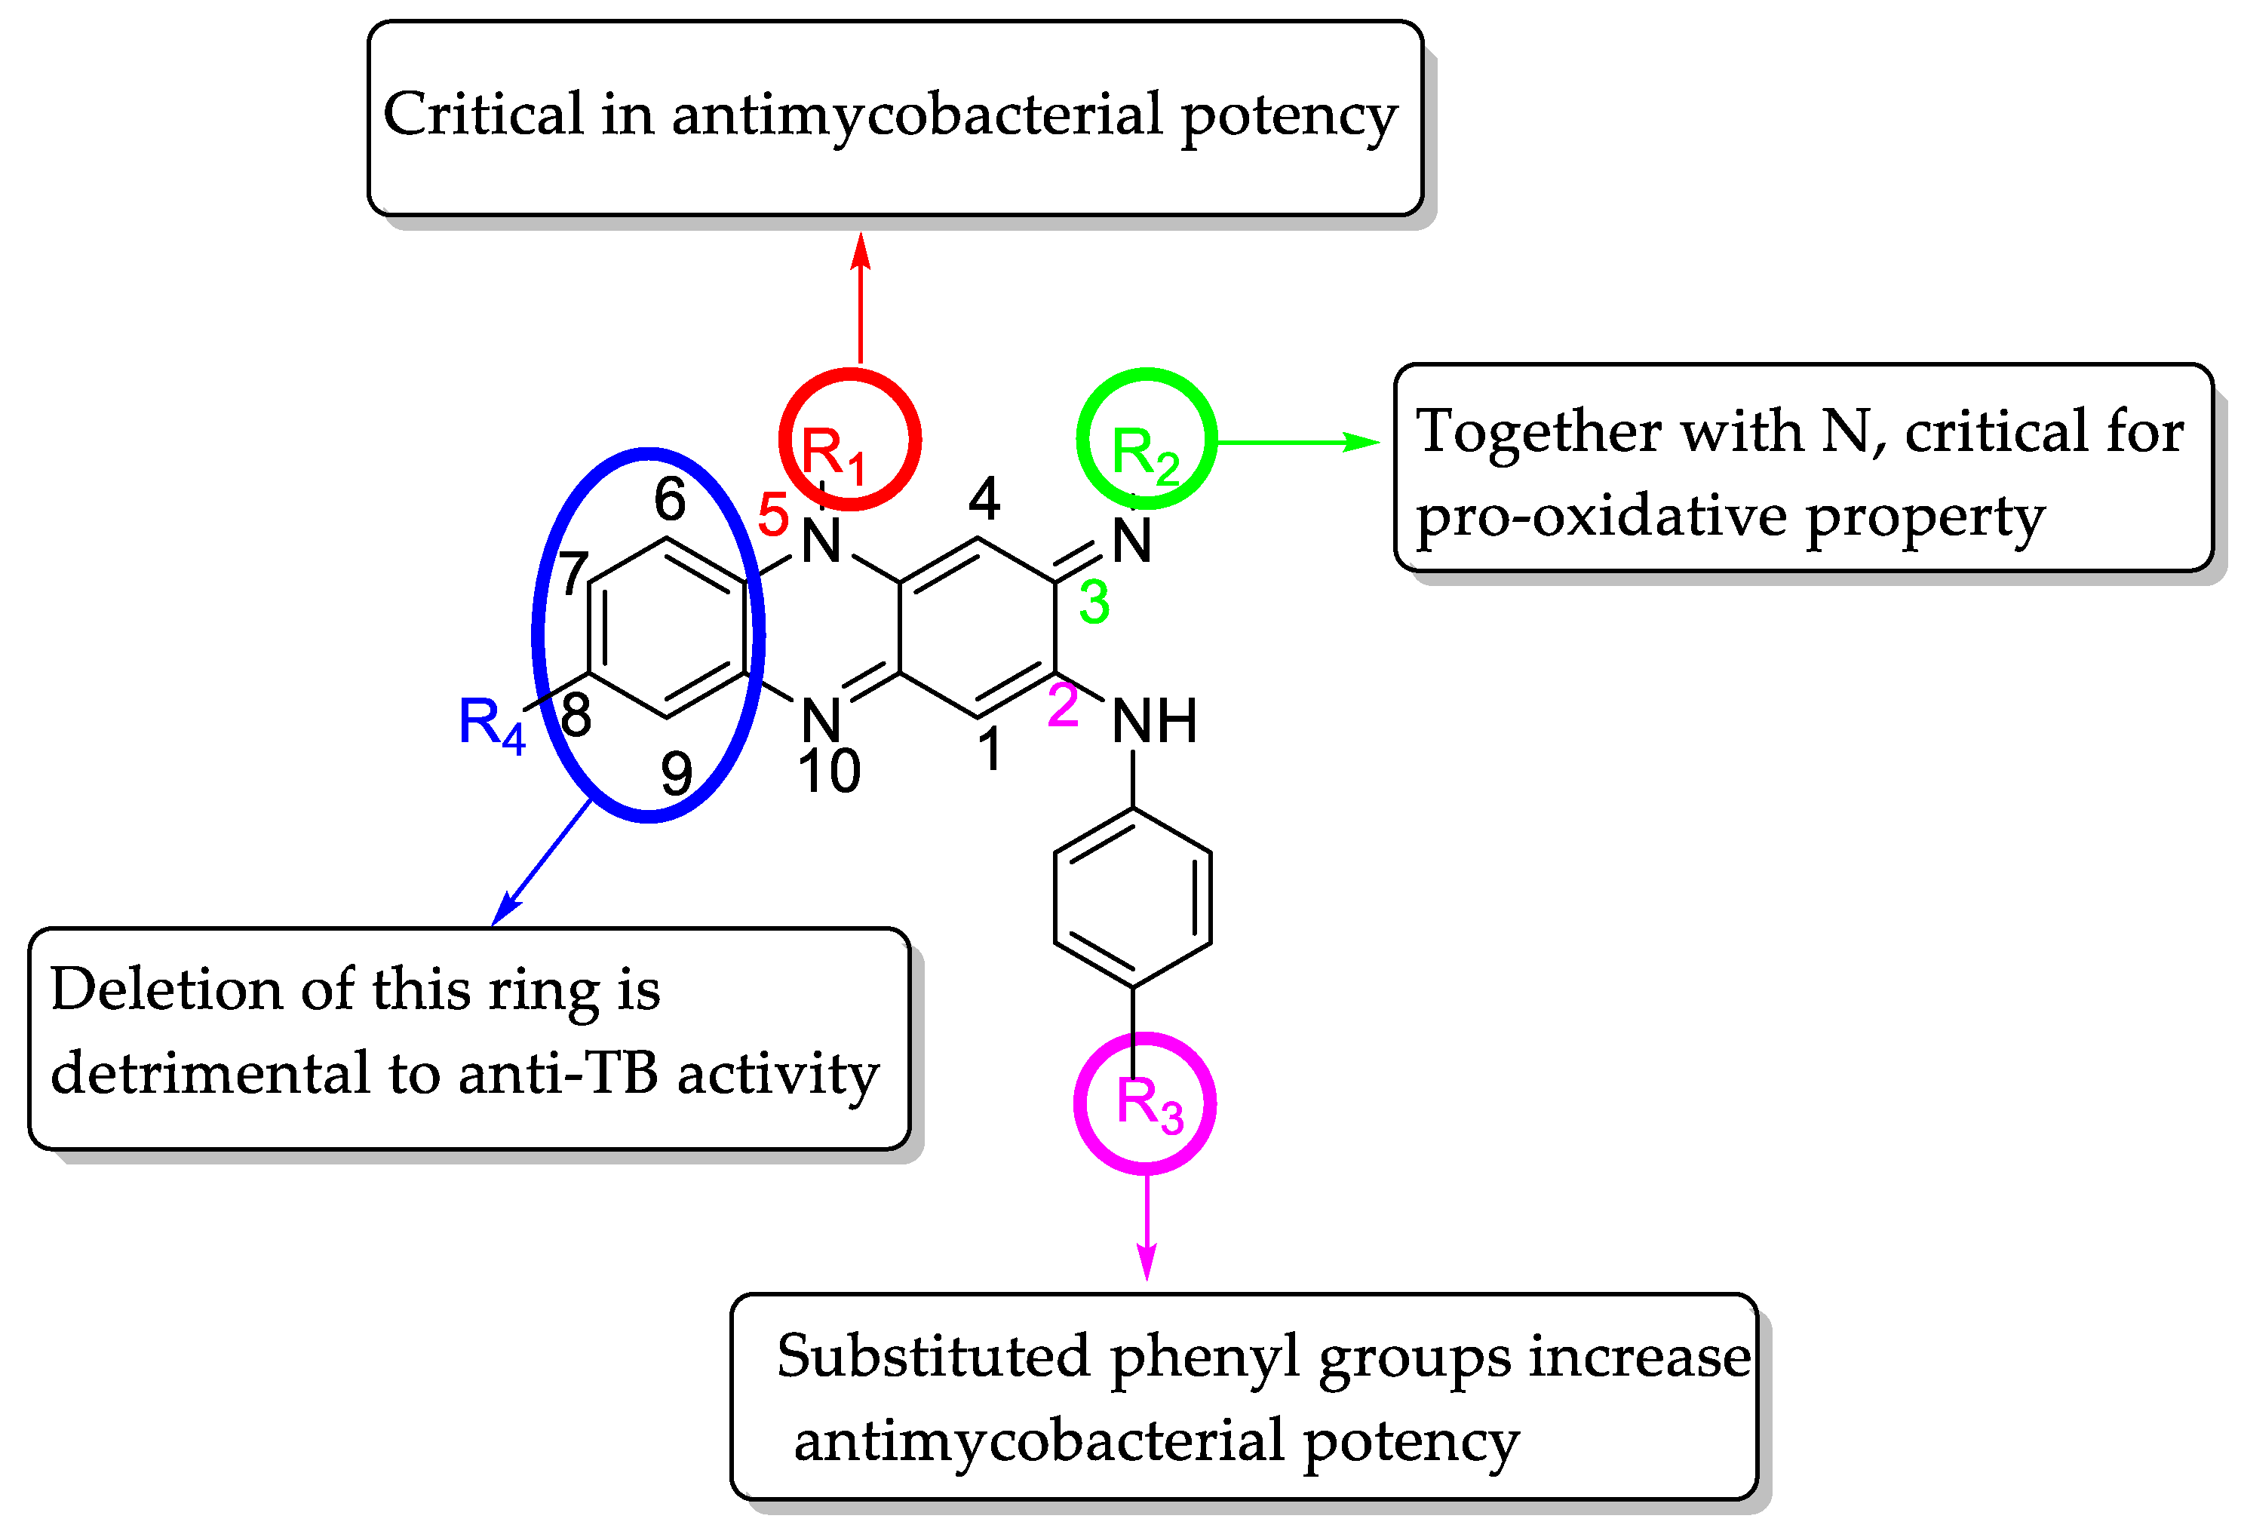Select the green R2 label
(x=1144, y=455)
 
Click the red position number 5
(x=773, y=515)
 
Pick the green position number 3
(x=1094, y=603)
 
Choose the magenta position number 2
(x=1063, y=706)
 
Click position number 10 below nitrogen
(x=829, y=772)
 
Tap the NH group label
(x=1154, y=721)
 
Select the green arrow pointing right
(x=1297, y=443)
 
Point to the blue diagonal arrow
(x=542, y=862)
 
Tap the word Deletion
(x=167, y=990)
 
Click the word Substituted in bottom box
(x=933, y=1358)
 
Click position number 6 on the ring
(x=670, y=499)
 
